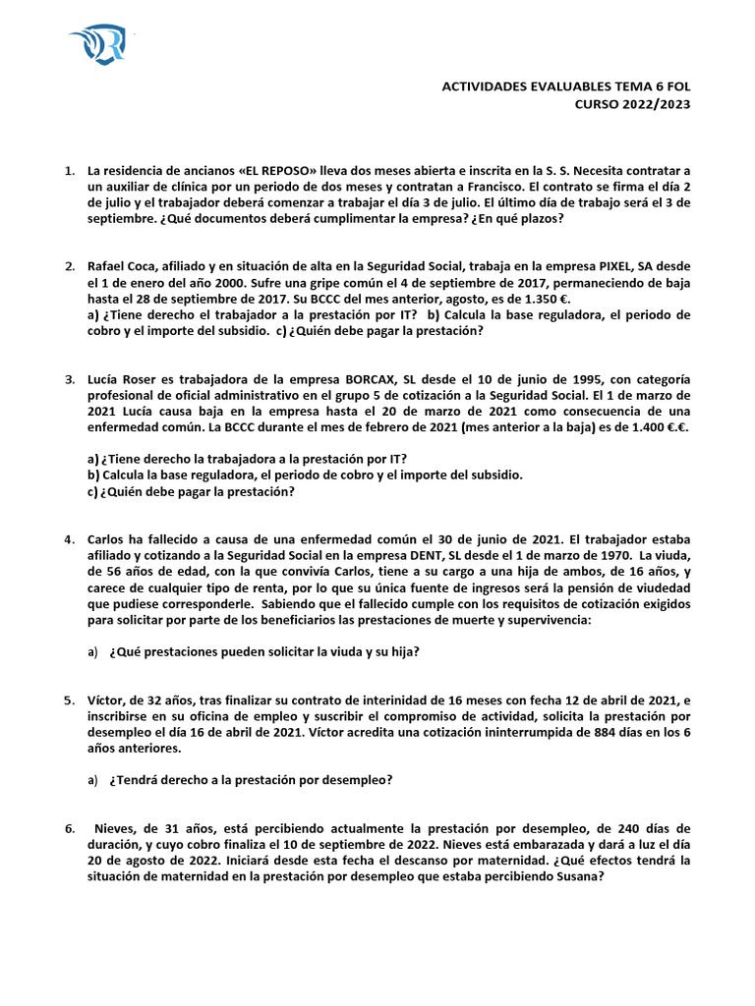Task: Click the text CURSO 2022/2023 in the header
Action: [633, 105]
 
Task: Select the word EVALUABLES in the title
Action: [542, 86]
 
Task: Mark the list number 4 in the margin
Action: [69, 539]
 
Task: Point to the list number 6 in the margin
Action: [69, 828]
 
